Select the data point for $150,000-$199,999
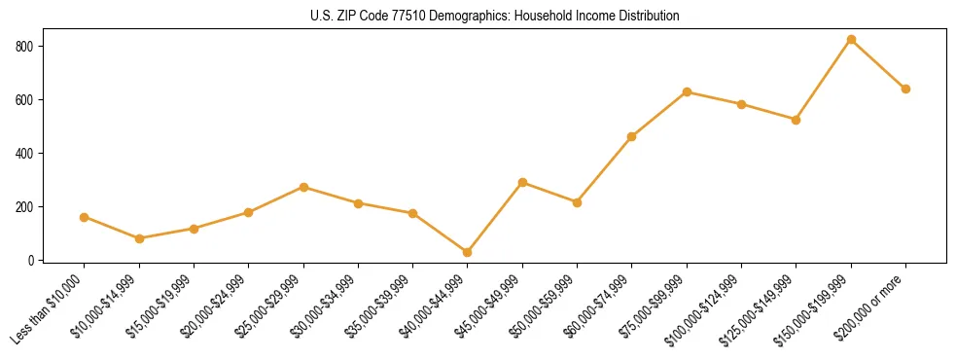point(851,40)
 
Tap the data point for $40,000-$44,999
point(468,252)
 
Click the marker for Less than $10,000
point(85,217)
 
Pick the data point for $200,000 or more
point(905,89)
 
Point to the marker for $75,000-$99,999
point(687,91)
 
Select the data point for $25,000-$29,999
point(303,187)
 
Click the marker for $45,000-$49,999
point(522,182)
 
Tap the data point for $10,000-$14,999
point(139,238)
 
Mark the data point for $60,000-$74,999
point(632,136)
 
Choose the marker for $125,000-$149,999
point(797,120)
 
